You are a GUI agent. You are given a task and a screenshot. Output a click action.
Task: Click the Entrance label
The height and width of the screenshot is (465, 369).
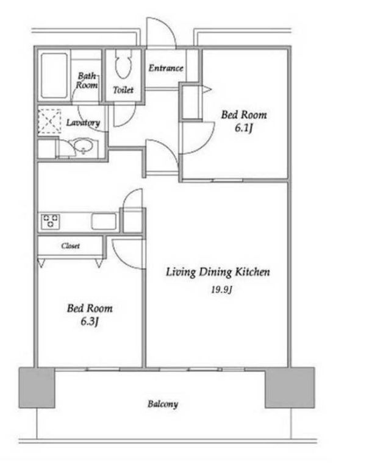166,68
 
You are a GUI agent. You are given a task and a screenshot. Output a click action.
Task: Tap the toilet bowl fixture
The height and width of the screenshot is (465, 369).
123,63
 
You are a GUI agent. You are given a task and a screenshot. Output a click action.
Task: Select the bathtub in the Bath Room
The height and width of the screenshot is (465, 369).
54,76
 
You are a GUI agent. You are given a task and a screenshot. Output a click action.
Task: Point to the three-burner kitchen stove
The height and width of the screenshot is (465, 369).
50,221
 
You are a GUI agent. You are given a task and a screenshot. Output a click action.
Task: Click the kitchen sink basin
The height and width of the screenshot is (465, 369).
104,221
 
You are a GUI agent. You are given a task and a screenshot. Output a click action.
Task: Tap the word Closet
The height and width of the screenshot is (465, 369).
70,246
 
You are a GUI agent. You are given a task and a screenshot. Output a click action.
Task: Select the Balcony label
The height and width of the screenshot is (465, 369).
163,404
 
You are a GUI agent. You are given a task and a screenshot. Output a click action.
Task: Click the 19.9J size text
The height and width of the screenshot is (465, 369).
221,289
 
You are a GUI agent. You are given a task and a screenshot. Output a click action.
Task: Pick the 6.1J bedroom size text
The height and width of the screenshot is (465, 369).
244,128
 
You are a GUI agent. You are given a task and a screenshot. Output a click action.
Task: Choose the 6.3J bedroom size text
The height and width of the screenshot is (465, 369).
90,321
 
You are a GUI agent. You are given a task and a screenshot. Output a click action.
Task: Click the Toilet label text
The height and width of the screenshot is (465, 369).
123,90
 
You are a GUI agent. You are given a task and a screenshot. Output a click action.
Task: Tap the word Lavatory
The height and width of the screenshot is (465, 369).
83,122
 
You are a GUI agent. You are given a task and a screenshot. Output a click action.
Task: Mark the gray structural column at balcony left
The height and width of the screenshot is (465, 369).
37,388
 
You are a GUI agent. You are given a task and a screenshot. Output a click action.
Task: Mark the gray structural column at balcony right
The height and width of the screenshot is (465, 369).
290,388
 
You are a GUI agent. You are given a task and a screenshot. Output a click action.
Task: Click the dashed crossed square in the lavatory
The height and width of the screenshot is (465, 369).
49,121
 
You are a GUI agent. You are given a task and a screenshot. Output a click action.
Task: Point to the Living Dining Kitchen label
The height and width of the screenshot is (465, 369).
218,272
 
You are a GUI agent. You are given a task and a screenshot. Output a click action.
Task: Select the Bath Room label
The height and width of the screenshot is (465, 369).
87,80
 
